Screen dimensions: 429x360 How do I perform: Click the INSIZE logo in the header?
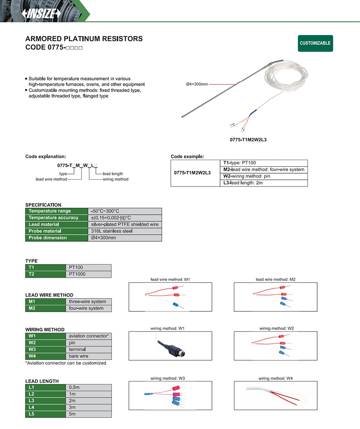click(x=42, y=13)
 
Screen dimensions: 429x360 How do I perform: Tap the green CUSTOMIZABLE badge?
click(x=315, y=43)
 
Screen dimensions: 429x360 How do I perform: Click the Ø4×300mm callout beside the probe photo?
click(x=197, y=84)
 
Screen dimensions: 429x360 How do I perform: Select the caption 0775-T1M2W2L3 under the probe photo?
click(x=248, y=140)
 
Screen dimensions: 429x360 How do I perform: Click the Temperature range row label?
click(x=50, y=211)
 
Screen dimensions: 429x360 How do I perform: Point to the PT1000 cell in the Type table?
click(x=77, y=275)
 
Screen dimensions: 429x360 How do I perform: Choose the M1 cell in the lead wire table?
click(x=32, y=302)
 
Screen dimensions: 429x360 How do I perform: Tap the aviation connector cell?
click(x=89, y=336)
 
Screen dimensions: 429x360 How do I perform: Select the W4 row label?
click(x=32, y=356)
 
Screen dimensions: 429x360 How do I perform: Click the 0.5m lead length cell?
click(x=74, y=388)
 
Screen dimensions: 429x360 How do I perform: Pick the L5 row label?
click(x=32, y=414)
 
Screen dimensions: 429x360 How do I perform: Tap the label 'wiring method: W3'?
click(x=168, y=378)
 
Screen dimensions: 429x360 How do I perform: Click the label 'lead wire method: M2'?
click(x=276, y=279)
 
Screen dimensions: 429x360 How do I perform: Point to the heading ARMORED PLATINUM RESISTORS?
click(x=84, y=39)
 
